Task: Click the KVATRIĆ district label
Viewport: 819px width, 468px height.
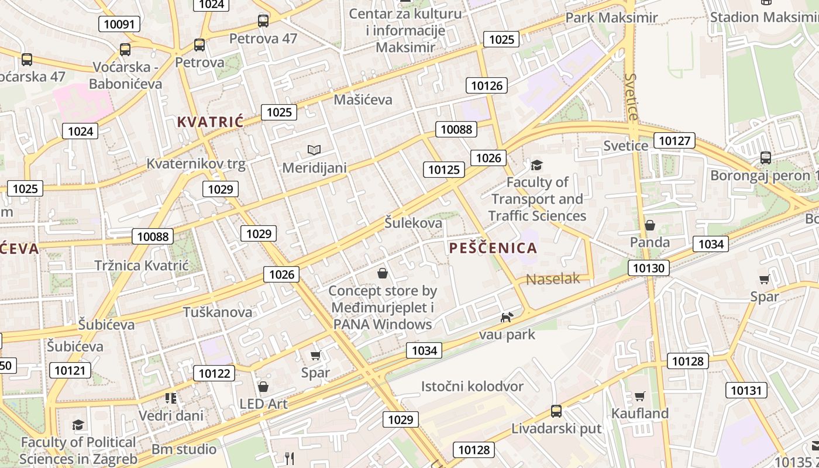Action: [210, 122]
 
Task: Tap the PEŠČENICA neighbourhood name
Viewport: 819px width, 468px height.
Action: [493, 248]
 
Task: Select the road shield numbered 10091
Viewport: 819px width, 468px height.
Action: [119, 24]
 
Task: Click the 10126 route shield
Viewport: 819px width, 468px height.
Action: [487, 86]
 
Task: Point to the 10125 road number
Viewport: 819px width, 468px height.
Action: [444, 170]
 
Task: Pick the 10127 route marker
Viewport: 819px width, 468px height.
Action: [675, 140]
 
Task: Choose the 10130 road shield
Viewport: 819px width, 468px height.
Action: [649, 268]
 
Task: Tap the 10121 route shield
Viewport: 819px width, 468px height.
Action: [70, 370]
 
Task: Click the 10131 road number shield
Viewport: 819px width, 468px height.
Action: [746, 390]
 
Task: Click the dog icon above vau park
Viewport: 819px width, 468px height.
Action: [507, 317]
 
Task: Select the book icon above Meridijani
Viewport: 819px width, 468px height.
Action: [314, 150]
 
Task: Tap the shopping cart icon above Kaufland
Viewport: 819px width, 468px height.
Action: [639, 397]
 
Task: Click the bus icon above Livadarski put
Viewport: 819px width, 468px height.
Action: [556, 411]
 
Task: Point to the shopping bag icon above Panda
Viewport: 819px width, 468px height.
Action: [649, 225]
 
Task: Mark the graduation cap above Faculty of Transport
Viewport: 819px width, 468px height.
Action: [536, 165]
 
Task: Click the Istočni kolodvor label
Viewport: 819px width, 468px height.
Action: [472, 386]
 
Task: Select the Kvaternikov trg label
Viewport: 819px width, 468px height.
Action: [196, 164]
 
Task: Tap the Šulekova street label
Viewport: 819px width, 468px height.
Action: [413, 223]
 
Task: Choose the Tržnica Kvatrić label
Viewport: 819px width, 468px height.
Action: [142, 266]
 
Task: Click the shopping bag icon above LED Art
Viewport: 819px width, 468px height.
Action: [263, 387]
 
